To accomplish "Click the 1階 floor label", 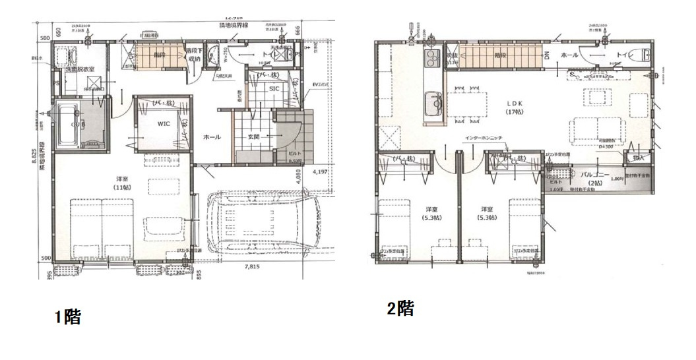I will point(67,317).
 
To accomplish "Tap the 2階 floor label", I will point(400,308).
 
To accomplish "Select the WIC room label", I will point(164,123).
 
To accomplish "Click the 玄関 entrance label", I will point(255,136).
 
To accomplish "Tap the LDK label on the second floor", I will point(515,104).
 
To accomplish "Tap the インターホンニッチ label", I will point(485,138).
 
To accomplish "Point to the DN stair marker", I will point(547,56).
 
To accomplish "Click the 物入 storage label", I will point(637,158).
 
